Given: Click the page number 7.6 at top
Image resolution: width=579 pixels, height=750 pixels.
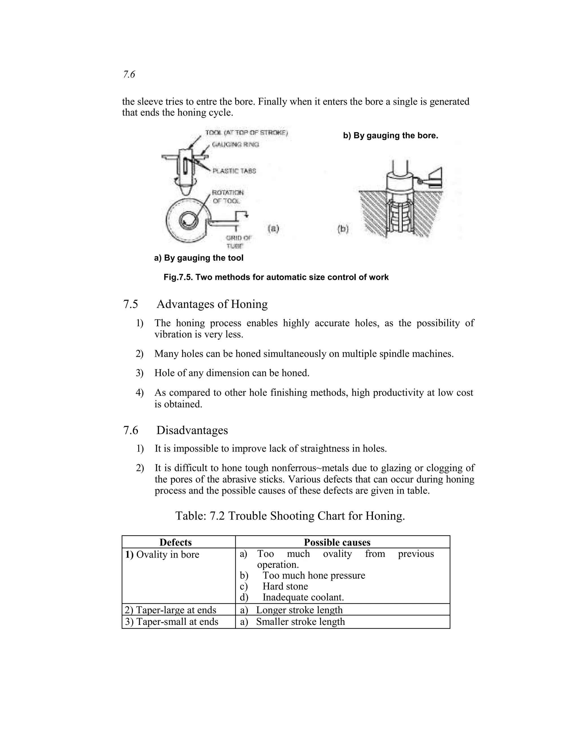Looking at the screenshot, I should point(129,74).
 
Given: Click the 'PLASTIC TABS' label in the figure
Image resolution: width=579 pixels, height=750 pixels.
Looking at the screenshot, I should point(234,171).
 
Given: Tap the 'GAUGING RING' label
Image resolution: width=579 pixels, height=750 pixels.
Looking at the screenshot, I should point(235,145).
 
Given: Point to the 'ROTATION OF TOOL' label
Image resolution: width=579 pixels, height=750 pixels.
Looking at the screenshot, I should point(228,196).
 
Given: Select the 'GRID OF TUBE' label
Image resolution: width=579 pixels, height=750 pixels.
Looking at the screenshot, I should point(238,242).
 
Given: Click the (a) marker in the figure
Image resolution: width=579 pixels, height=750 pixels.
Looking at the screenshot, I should point(273,228).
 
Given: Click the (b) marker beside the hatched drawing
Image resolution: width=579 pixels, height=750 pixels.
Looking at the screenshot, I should point(343,229).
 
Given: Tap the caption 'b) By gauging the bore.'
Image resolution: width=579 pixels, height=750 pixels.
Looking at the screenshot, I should point(390,135).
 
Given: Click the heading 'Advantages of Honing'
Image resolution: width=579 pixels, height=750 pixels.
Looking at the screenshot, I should point(212,304).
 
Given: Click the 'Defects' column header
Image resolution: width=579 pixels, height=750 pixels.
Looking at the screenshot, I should point(175,542).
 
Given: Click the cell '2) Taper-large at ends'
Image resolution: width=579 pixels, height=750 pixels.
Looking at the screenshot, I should point(170,610).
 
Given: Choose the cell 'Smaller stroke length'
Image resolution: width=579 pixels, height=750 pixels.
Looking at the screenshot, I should point(300,622).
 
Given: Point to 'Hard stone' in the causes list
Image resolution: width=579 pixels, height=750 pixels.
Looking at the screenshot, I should point(285,586).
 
